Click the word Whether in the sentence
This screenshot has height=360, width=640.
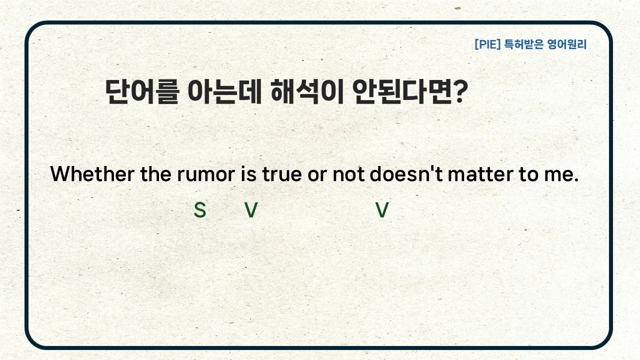[92, 173]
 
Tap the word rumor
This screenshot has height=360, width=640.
[206, 174]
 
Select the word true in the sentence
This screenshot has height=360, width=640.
[281, 174]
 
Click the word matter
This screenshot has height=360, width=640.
[480, 174]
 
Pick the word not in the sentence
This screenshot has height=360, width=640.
[348, 174]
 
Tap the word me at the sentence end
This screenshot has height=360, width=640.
[561, 175]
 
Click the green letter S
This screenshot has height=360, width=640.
[199, 210]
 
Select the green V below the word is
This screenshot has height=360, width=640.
[251, 210]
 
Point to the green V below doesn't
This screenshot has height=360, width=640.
[382, 210]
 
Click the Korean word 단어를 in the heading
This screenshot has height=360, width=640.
[142, 91]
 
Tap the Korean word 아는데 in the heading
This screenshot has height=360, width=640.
[225, 91]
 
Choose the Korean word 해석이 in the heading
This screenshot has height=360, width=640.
[307, 91]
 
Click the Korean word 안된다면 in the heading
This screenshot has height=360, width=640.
[402, 91]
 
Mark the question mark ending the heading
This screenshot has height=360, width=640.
[460, 91]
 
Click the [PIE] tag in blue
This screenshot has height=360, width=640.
[487, 44]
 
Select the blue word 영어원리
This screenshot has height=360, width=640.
[567, 44]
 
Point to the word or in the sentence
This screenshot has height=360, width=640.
[317, 175]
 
